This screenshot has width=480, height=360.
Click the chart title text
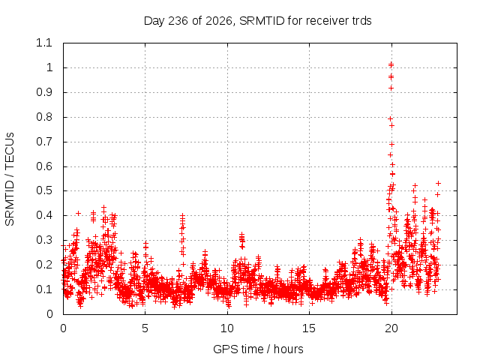[x=258, y=21]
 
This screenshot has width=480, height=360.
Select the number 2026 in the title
[x=218, y=21]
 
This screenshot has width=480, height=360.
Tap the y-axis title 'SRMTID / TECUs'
[x=10, y=179]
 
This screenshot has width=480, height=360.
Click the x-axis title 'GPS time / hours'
[x=258, y=349]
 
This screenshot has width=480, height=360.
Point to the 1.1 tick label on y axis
[x=44, y=43]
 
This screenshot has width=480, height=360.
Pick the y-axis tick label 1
[x=49, y=67]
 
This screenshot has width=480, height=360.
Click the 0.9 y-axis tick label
[x=44, y=92]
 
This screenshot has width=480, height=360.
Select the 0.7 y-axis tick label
[x=44, y=142]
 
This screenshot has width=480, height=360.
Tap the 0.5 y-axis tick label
[x=44, y=190]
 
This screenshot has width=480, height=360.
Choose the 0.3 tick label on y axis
[x=44, y=240]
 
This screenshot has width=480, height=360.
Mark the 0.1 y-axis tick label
[x=44, y=289]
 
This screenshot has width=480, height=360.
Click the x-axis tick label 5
[x=145, y=328]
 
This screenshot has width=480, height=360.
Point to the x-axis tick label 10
[x=227, y=328]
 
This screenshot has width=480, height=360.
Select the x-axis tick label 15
[x=309, y=328]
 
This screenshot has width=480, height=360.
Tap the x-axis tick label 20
[x=391, y=328]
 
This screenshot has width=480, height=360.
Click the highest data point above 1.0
[x=391, y=64]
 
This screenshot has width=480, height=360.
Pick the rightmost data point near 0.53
[x=438, y=183]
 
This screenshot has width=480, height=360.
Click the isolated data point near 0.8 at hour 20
[x=390, y=118]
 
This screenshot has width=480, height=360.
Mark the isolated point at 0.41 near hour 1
[x=78, y=213]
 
